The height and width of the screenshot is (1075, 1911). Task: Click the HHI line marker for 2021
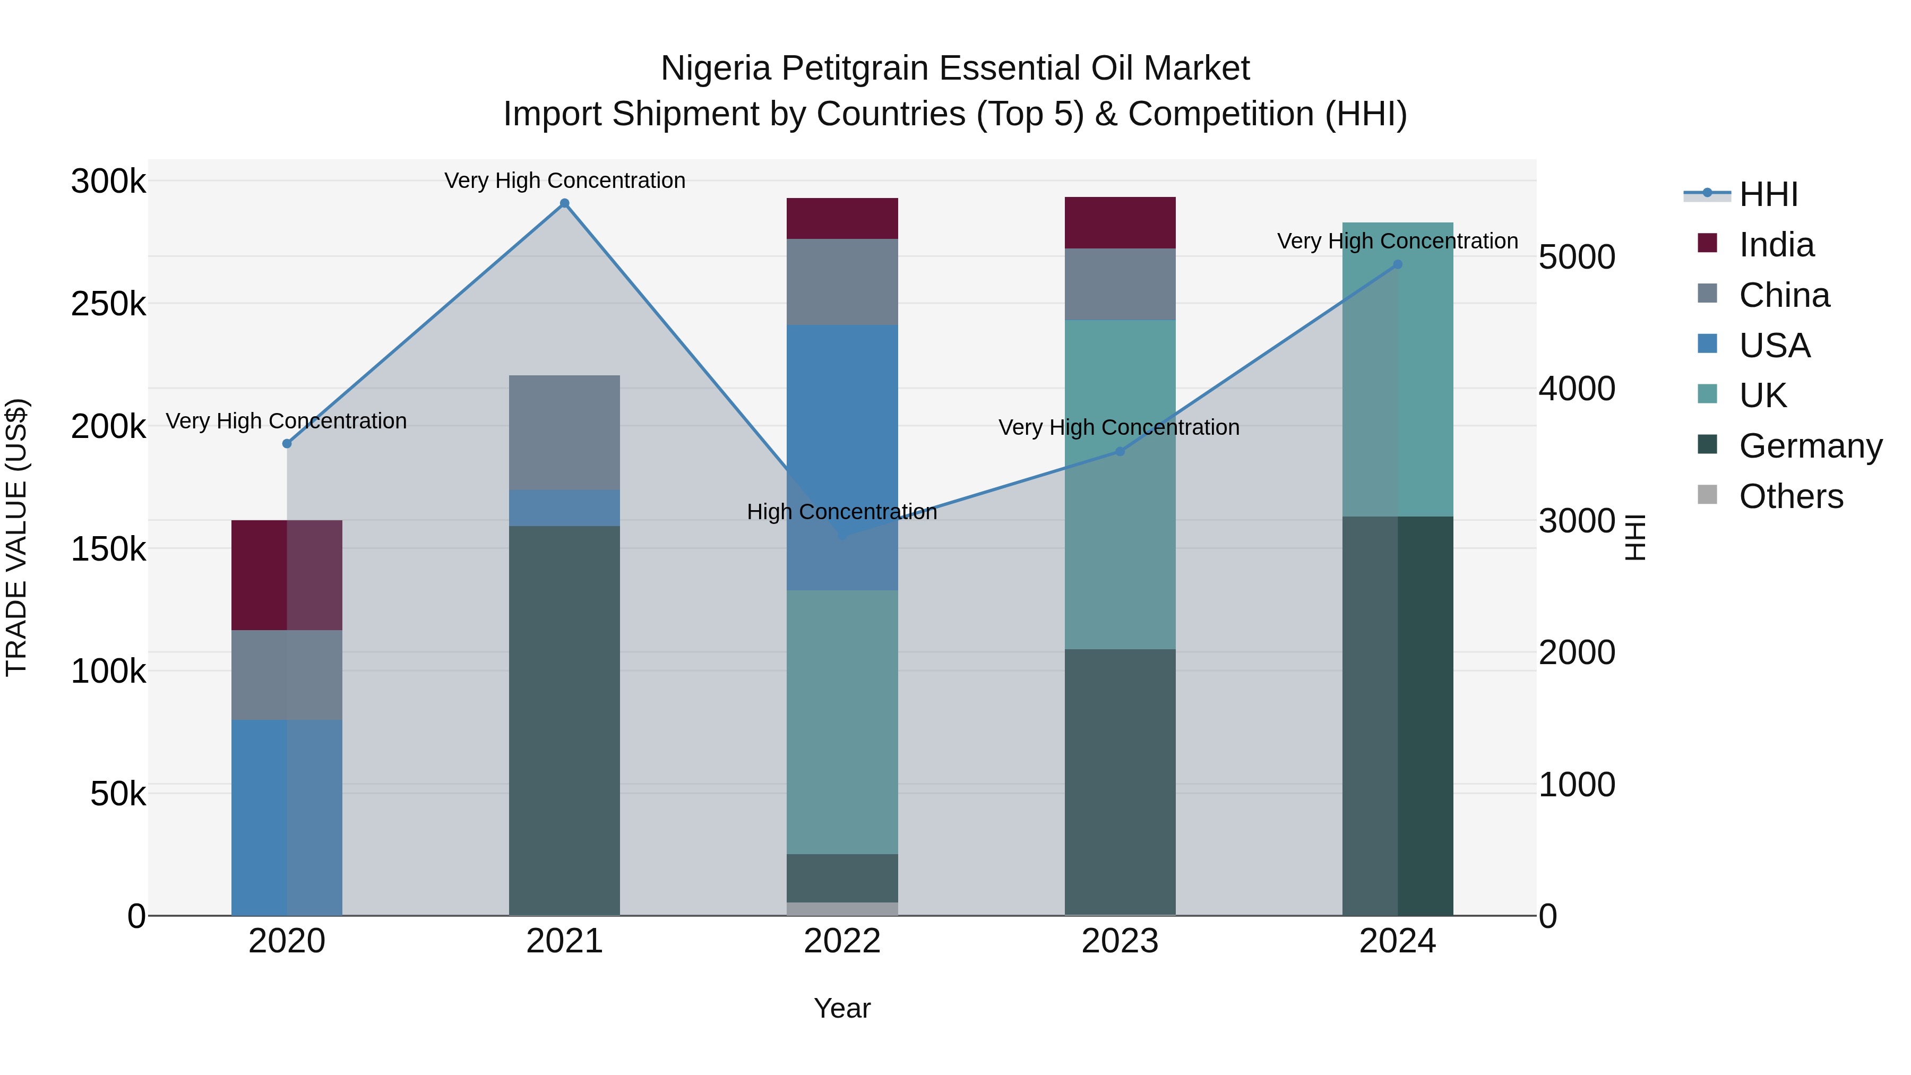point(565,203)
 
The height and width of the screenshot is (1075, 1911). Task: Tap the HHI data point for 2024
point(1398,264)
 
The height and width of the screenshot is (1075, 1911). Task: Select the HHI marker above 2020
point(287,444)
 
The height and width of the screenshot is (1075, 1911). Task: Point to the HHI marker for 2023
point(1120,452)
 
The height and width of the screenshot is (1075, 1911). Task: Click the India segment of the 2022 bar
point(842,218)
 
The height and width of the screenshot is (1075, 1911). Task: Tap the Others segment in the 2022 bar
point(842,909)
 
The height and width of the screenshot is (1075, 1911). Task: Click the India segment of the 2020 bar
point(287,575)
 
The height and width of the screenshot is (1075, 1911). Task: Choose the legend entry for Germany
point(1810,446)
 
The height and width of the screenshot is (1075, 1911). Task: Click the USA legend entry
point(1775,346)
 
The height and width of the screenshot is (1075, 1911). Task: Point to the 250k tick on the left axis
point(108,304)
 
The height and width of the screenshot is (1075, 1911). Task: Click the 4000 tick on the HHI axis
point(1577,389)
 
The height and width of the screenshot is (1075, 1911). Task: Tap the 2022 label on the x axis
point(842,941)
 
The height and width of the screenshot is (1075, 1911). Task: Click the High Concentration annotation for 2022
point(842,512)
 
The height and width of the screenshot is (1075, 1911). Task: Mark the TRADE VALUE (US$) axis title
point(16,537)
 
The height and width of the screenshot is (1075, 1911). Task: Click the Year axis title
point(842,1008)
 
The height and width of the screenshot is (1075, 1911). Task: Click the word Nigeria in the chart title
point(716,68)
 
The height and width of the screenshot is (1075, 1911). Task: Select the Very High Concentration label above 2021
point(565,180)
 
